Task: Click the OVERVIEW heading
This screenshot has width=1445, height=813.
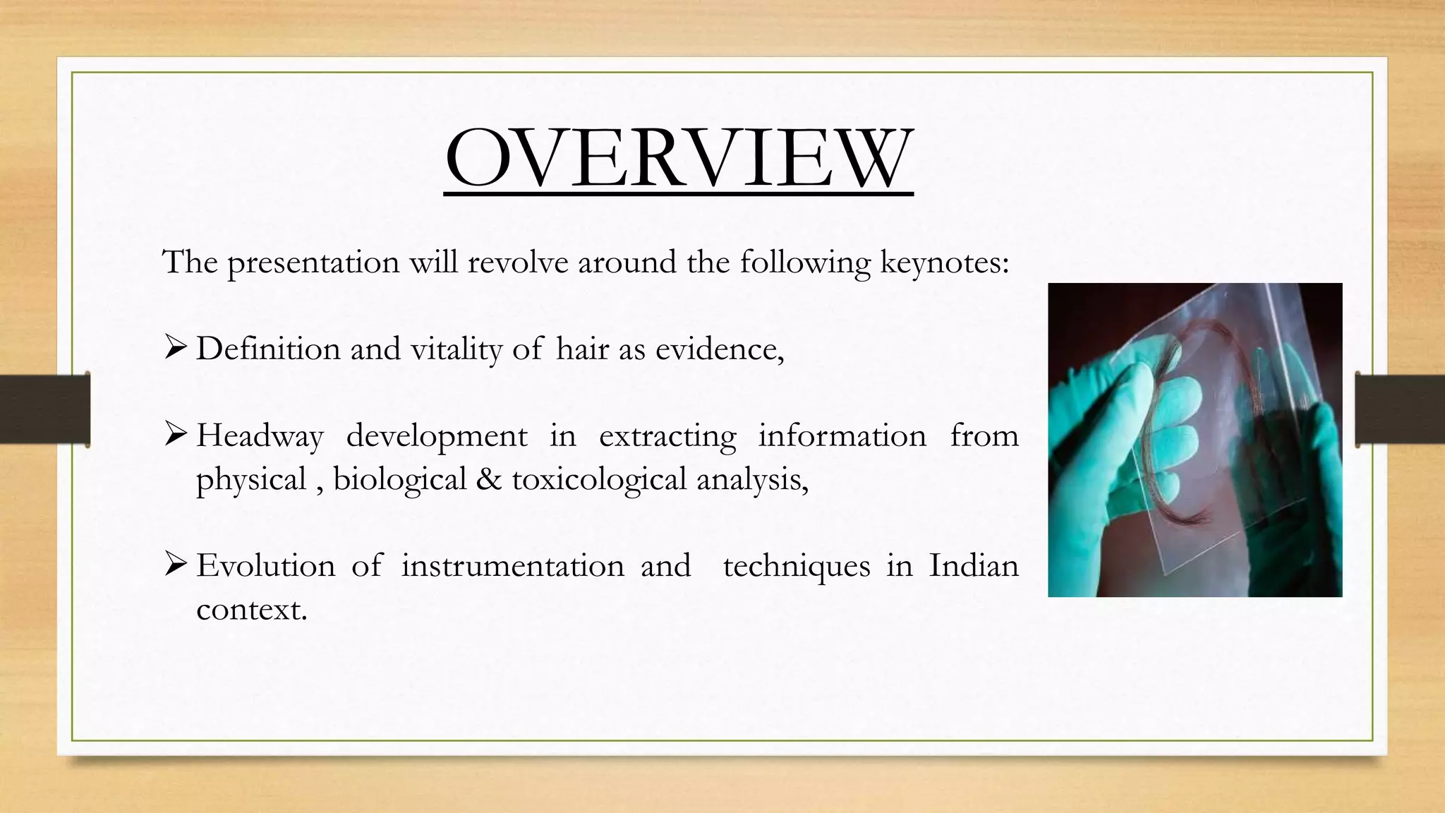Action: tap(679, 158)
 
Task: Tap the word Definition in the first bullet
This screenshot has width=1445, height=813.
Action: tap(267, 349)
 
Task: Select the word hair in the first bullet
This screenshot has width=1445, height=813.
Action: tap(581, 349)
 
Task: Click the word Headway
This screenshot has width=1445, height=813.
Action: tap(260, 436)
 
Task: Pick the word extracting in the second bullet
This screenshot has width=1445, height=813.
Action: tap(667, 436)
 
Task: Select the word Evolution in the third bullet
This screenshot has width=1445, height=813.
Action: tap(265, 566)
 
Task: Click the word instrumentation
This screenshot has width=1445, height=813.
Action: tap(512, 566)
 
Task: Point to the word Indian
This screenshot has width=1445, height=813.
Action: tap(973, 566)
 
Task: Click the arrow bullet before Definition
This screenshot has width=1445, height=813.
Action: tap(175, 347)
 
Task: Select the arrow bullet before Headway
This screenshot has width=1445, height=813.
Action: tap(175, 434)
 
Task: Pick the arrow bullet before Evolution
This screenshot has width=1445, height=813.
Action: tap(175, 564)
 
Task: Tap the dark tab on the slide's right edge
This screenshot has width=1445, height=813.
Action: tap(1400, 409)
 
